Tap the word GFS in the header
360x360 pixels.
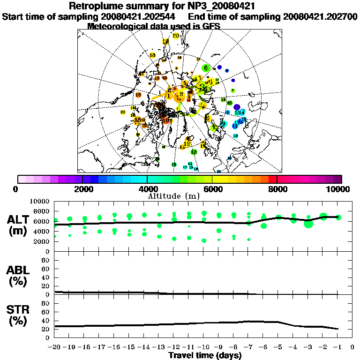[211, 26]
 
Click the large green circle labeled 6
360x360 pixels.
[205, 68]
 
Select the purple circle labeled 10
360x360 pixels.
[237, 107]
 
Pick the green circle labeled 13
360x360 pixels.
[194, 152]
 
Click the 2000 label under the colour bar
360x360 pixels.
[82, 189]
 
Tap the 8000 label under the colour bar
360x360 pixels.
[277, 189]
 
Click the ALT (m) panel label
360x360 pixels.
[19, 225]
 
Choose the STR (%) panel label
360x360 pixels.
[19, 315]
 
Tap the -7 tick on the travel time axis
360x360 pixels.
[248, 347]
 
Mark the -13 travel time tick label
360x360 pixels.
[159, 347]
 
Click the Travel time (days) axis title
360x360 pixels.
[205, 356]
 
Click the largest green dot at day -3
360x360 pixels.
[308, 224]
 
